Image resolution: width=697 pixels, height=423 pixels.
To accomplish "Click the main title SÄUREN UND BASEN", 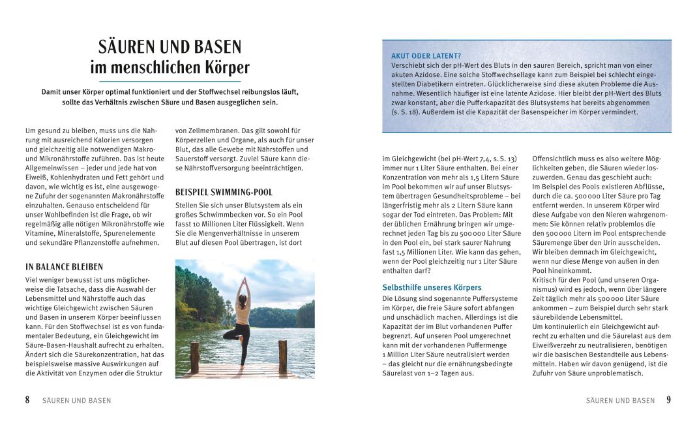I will pos(170,47).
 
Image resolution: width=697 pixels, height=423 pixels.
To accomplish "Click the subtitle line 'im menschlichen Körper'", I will pos(170,67).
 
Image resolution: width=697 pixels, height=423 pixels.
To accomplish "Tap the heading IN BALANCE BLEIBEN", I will pos(64,267).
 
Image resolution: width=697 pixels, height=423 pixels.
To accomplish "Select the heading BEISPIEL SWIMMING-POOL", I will pos(224,193).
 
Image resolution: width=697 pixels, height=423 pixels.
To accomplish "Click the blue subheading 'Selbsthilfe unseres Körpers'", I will pos(432,287).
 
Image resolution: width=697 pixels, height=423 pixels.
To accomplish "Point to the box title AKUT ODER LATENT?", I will pos(426,55).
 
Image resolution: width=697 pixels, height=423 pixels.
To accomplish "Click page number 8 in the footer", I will pos(27,400).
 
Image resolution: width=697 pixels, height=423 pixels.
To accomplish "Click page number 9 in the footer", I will pos(668,400).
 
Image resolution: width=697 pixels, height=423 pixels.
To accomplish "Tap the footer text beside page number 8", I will pos(76,401).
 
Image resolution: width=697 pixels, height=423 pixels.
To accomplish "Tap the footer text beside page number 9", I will pos(620,401).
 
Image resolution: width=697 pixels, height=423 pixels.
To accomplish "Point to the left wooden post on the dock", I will pos(194,356).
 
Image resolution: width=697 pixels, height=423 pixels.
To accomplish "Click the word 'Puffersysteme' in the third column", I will pos(496,298).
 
